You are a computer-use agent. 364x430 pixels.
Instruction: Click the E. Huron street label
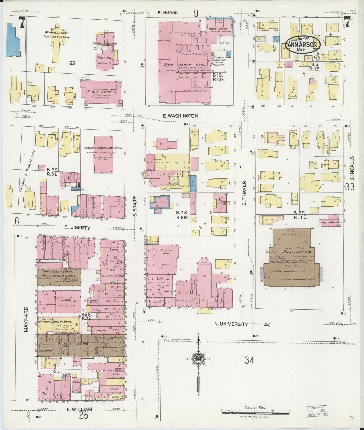tap(168, 13)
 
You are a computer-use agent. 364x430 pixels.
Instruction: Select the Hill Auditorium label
tap(288, 252)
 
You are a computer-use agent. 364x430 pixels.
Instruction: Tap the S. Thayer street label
tap(244, 193)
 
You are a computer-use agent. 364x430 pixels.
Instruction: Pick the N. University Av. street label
tap(242, 324)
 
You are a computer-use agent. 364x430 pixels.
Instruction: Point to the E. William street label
tap(79, 409)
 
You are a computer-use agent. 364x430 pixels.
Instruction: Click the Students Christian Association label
tap(103, 148)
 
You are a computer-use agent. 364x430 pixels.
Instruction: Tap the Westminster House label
tap(56, 32)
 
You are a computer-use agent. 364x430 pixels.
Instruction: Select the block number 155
tap(71, 63)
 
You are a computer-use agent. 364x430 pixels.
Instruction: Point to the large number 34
tap(249, 360)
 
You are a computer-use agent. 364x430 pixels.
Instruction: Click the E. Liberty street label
tap(77, 228)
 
